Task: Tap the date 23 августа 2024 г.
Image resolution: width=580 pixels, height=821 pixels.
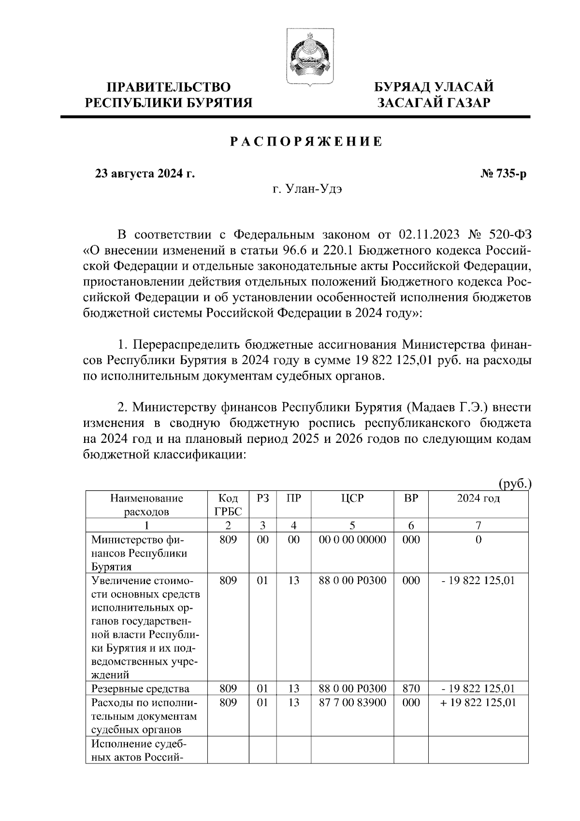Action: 145,174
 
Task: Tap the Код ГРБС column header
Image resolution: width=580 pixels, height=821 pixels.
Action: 228,505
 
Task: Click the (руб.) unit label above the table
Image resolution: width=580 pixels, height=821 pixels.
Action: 515,484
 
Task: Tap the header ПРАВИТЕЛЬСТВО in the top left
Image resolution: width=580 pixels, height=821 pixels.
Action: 169,88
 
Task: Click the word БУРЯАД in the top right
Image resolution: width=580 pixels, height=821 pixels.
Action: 404,88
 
